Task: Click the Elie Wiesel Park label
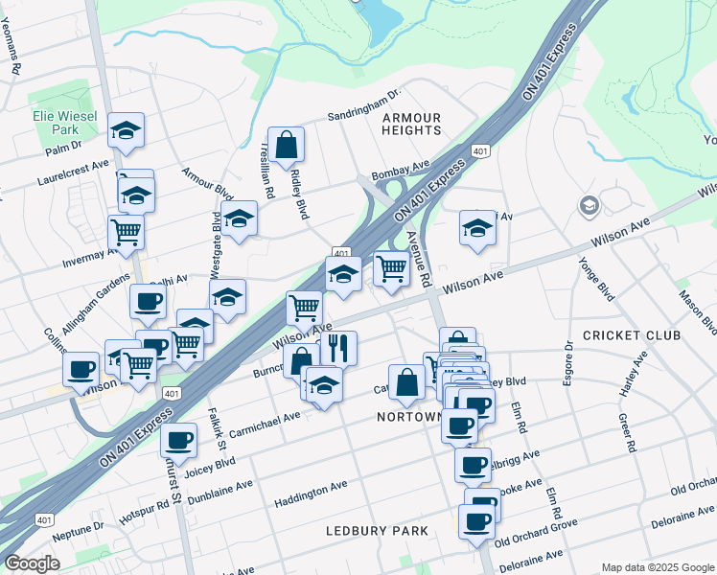[64, 121]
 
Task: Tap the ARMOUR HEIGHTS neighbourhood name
[411, 124]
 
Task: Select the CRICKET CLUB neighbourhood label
[631, 335]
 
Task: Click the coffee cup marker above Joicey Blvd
[178, 440]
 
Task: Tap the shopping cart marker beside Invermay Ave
[126, 232]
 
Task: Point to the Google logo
[32, 563]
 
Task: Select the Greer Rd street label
[627, 433]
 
